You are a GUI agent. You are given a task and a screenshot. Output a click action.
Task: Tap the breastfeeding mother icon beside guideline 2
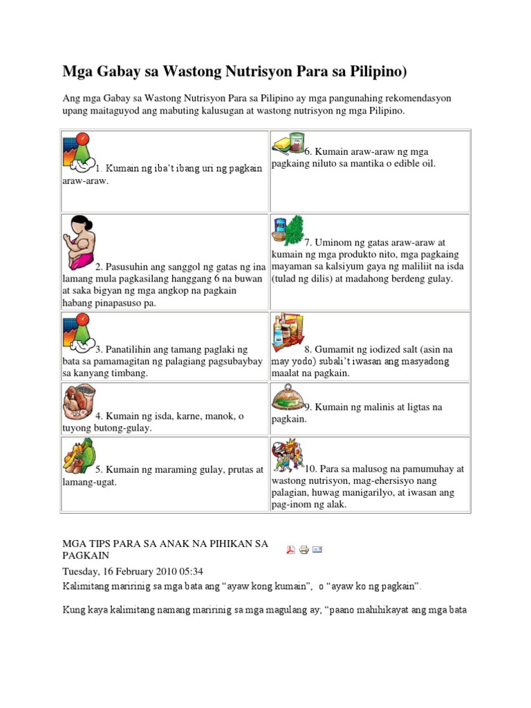(x=80, y=242)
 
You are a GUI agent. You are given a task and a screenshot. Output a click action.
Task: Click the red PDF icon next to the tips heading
(x=291, y=550)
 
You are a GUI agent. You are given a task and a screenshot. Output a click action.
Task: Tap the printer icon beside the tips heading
(x=304, y=550)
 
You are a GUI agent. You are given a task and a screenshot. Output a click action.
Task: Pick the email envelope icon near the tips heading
(x=317, y=550)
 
